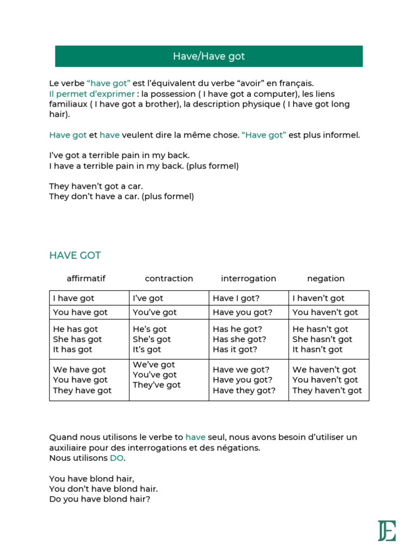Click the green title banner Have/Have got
tap(209, 56)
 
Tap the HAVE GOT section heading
tap(75, 255)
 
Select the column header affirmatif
tap(86, 278)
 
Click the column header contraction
tap(169, 278)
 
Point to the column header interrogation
tap(248, 278)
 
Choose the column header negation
tap(325, 278)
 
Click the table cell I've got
tap(148, 298)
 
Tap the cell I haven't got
tap(318, 298)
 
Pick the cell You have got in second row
tap(81, 312)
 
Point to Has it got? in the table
tap(235, 349)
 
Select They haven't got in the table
tap(327, 391)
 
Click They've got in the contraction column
tap(157, 385)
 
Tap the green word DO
tap(117, 458)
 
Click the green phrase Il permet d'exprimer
tap(91, 94)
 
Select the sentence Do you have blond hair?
tap(99, 498)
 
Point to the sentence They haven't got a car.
tap(96, 186)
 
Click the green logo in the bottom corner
tap(387, 530)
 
